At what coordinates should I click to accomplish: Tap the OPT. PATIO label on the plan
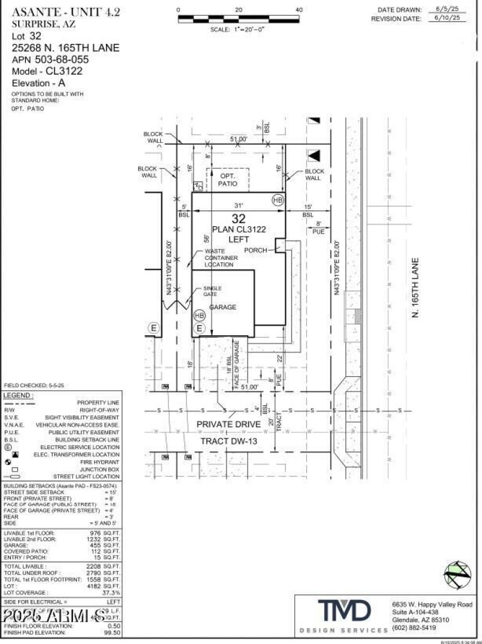coord(227,180)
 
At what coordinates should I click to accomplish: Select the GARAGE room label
coord(222,308)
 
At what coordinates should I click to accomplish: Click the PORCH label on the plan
coord(255,250)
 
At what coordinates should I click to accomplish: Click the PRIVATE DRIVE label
coord(228,425)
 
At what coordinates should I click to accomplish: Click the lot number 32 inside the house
coord(239,219)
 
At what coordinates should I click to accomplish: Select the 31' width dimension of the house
coord(239,205)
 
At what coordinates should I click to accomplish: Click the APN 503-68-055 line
coord(50,60)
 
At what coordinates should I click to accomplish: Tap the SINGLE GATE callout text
coord(212,291)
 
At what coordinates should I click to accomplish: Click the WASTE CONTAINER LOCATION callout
coord(221,258)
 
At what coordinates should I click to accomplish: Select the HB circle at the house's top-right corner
coord(278,200)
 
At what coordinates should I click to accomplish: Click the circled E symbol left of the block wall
coord(154,328)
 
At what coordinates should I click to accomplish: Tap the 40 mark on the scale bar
coord(299,10)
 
